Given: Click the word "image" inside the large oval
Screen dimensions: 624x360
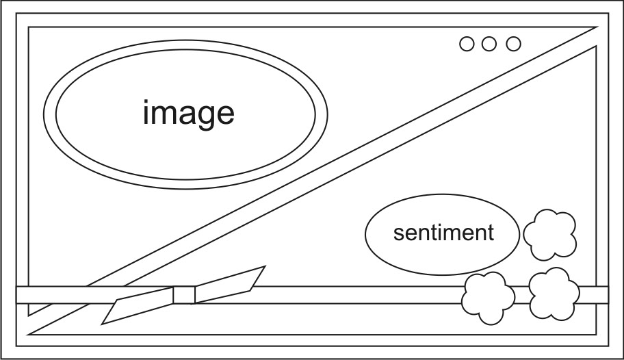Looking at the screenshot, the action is tap(188, 113).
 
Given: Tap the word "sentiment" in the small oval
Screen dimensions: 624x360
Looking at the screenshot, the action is tap(443, 233).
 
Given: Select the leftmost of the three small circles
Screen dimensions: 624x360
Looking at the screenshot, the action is tap(467, 44).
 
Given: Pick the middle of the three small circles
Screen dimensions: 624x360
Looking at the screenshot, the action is tap(489, 44).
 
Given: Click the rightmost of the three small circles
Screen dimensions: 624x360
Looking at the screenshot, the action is tap(513, 44).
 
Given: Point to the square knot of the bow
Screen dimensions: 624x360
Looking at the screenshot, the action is tap(184, 295).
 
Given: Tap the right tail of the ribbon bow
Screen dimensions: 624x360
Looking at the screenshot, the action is tap(230, 281).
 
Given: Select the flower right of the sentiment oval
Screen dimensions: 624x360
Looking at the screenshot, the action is tap(550, 235).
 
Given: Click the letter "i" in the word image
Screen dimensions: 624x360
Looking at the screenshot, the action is tap(146, 112).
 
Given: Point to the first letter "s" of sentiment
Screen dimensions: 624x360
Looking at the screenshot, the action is tap(398, 233).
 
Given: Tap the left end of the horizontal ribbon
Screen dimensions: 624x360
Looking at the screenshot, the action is tap(22, 295).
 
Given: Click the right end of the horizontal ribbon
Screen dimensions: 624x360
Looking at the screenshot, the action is tap(601, 295).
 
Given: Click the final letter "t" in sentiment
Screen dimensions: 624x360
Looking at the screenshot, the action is tap(490, 233).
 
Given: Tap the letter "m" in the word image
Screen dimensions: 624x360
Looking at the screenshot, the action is tap(168, 114).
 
